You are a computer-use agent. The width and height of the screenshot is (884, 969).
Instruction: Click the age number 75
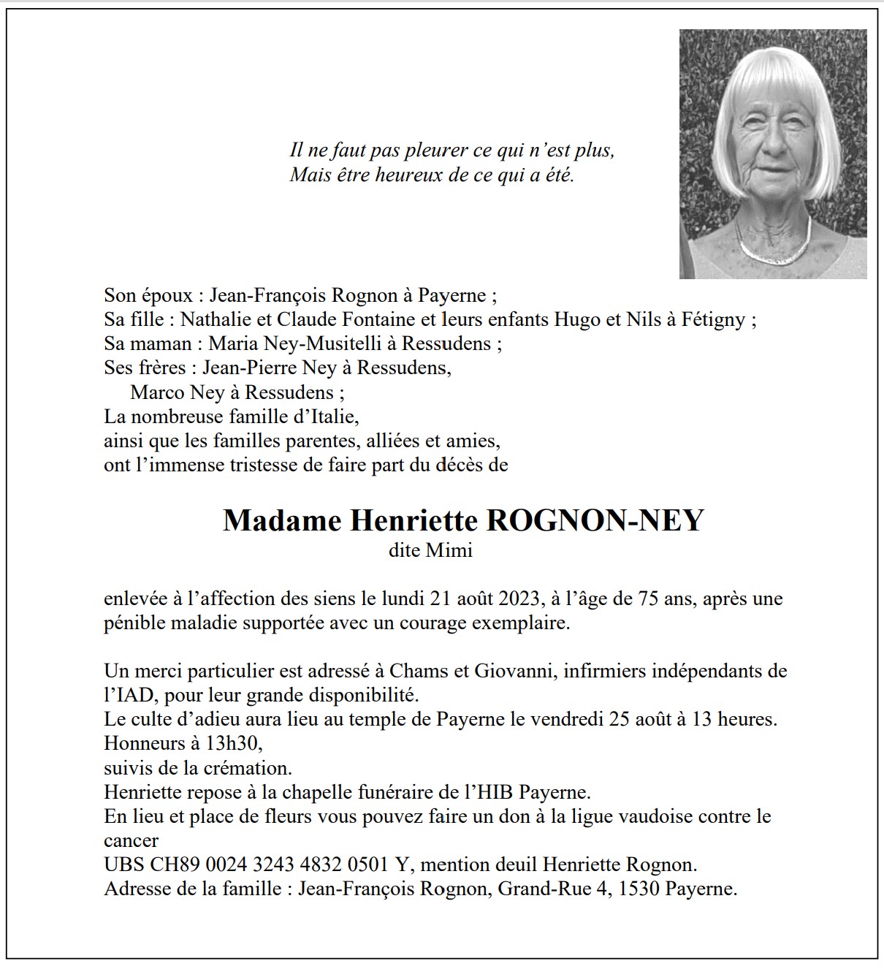click(649, 599)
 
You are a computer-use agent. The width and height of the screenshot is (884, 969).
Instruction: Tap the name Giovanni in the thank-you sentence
click(519, 671)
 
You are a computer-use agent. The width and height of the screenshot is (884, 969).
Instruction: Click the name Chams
click(414, 671)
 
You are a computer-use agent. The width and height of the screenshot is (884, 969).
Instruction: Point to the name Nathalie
click(213, 319)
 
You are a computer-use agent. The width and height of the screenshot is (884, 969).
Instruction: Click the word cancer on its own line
click(132, 840)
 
